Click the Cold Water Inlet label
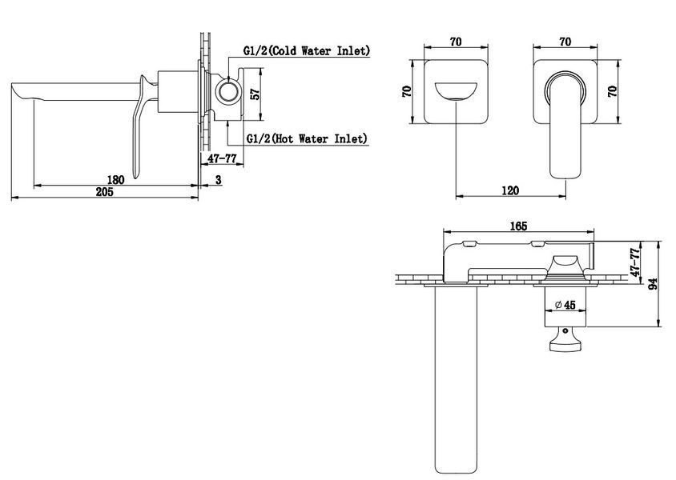click(x=307, y=50)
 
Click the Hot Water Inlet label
click(x=307, y=138)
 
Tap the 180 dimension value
click(x=115, y=179)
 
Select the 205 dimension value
click(x=105, y=191)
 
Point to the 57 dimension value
click(x=256, y=94)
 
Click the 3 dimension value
click(x=219, y=179)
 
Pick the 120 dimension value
click(x=510, y=190)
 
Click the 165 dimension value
click(x=518, y=226)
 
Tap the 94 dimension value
click(x=653, y=283)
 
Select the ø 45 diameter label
click(x=565, y=305)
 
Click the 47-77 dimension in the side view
click(x=222, y=158)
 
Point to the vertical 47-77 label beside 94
click(x=634, y=262)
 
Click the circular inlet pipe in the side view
click(x=227, y=92)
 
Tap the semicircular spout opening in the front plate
click(x=456, y=91)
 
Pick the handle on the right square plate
click(x=565, y=125)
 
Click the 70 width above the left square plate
click(x=456, y=42)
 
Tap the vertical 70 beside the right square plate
click(x=612, y=91)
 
